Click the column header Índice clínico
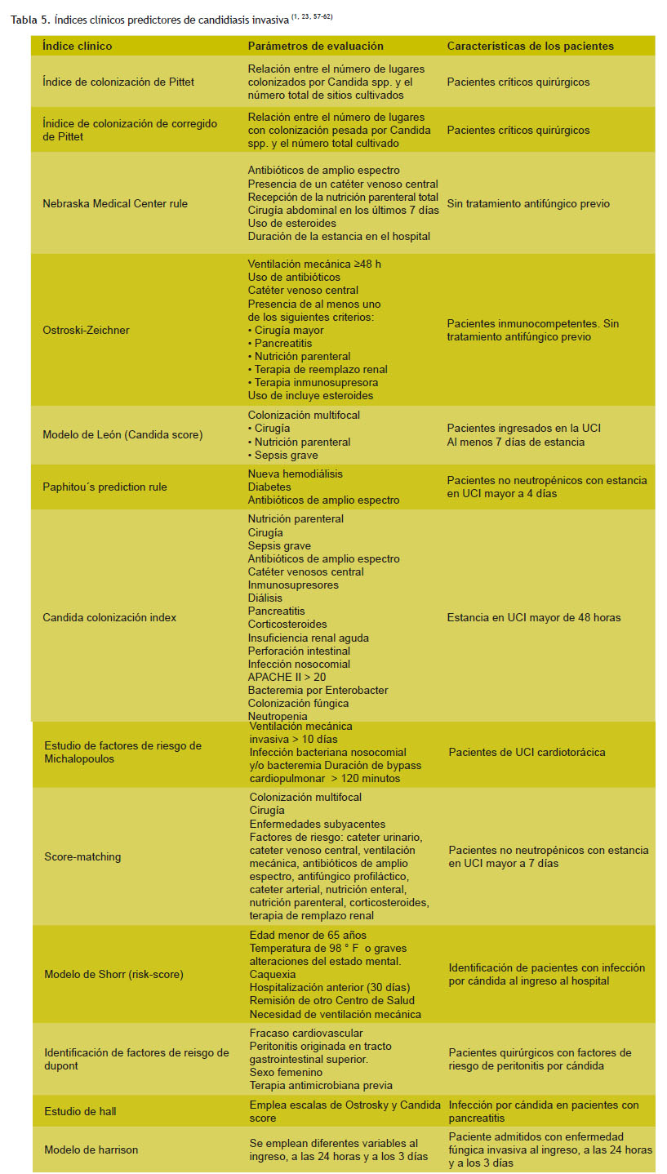point(77,47)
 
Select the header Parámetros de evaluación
point(315,47)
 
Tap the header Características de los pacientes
point(530,47)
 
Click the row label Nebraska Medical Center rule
point(115,203)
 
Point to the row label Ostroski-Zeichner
point(86,330)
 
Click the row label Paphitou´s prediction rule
point(104,487)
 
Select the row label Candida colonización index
point(109,617)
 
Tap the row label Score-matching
point(82,856)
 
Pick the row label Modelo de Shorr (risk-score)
point(113,975)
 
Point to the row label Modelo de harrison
point(91,1150)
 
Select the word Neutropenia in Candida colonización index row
point(278,716)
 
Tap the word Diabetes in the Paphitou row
point(270,487)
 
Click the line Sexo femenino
point(286,1072)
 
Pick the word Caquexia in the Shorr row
point(273,975)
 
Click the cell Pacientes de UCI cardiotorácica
point(527,752)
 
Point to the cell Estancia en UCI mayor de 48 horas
point(534,617)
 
